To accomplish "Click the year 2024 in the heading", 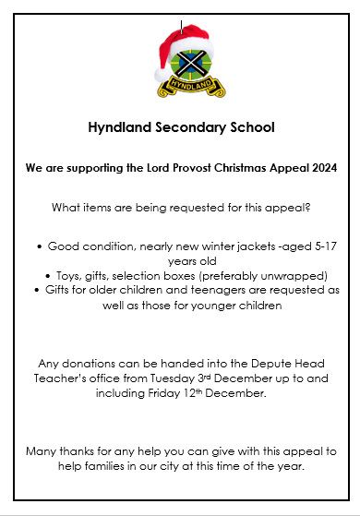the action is [x=321, y=169].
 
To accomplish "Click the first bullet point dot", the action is [x=39, y=247].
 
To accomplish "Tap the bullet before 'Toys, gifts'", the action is [x=46, y=275].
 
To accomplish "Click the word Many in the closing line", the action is [x=43, y=450].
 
